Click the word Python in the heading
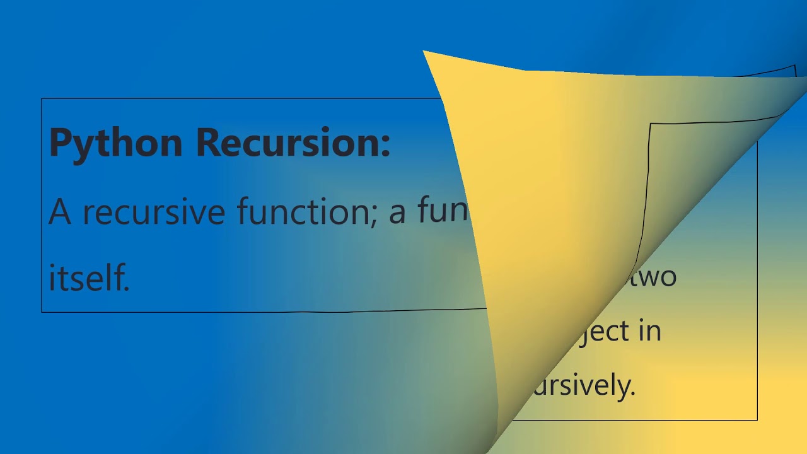click(x=115, y=143)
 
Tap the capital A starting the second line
click(x=60, y=211)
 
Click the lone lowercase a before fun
click(x=397, y=214)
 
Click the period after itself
click(x=127, y=289)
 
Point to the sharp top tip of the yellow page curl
click(x=423, y=51)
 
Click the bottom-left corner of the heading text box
click(x=42, y=312)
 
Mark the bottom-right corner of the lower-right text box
click(x=757, y=420)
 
